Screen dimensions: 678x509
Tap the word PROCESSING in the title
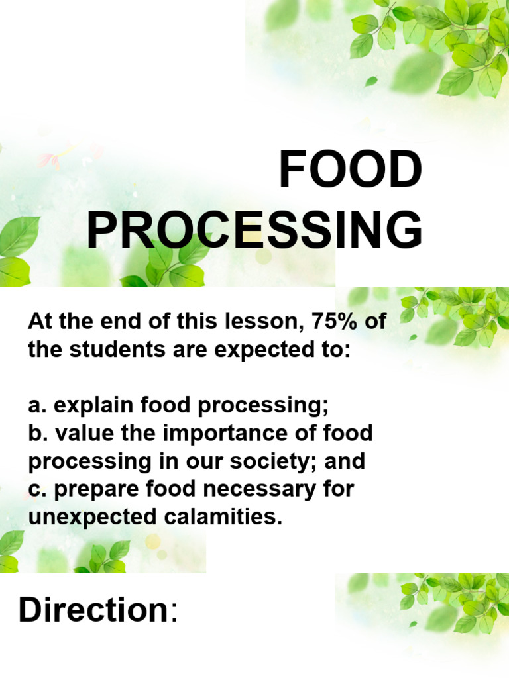tap(254, 231)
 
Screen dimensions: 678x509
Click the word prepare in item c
tap(92, 489)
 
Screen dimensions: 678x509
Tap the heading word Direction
tap(93, 610)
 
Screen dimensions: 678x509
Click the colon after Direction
tap(174, 613)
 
